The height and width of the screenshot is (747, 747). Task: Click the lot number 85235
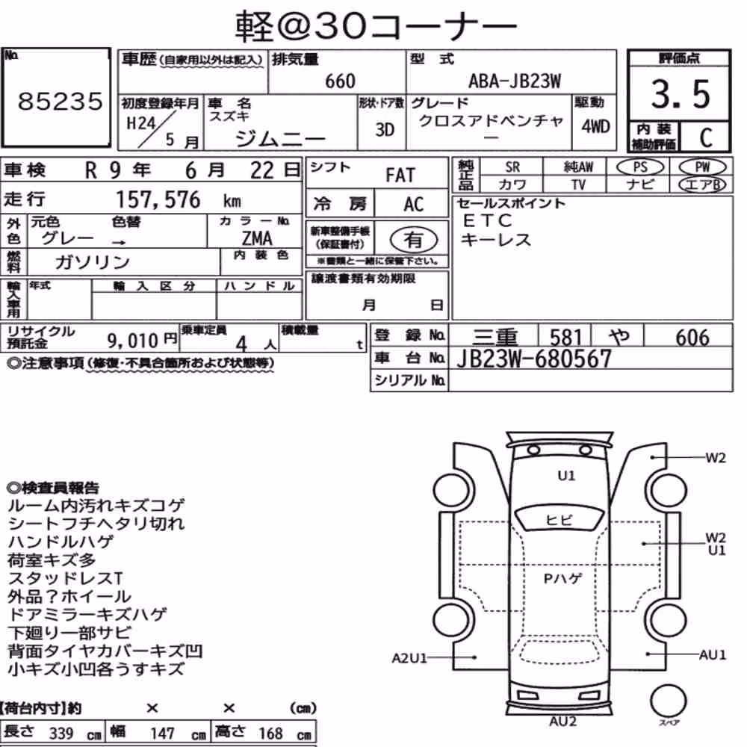(60, 101)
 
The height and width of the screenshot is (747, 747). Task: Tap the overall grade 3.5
(681, 93)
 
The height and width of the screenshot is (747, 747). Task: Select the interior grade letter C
(706, 137)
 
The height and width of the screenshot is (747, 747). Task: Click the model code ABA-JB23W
(515, 81)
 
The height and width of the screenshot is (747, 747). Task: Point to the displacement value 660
(340, 81)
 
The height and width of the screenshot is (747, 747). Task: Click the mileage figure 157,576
(158, 199)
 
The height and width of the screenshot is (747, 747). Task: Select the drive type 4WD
(595, 126)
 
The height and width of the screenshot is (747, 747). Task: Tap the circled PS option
(640, 167)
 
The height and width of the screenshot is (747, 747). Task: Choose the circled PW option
(702, 167)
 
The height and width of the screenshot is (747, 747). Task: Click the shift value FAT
(400, 176)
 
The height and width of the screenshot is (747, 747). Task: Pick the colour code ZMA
(257, 238)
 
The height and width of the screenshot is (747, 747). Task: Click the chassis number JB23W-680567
(533, 359)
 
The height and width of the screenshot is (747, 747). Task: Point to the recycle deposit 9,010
(132, 340)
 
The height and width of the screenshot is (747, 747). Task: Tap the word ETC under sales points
(487, 220)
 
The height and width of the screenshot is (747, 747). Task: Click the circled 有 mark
(414, 239)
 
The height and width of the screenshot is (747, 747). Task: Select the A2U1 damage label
(409, 658)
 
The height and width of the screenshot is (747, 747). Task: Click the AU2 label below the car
(562, 722)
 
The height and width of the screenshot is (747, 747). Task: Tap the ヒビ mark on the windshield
(559, 520)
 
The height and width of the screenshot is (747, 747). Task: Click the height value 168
(270, 734)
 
